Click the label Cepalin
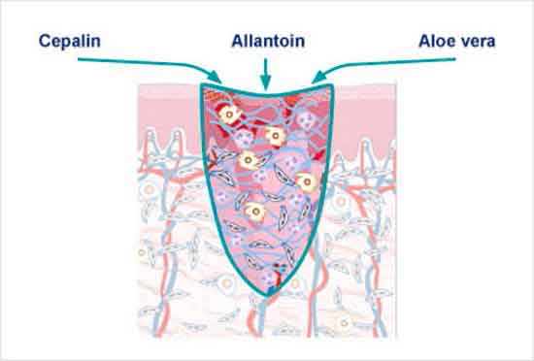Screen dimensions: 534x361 pos(70,42)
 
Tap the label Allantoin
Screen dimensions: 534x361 pos(268,41)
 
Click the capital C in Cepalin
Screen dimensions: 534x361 pos(45,41)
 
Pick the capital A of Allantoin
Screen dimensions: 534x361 pos(238,41)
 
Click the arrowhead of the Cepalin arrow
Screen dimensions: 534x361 pos(216,78)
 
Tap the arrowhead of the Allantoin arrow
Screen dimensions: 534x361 pos(265,83)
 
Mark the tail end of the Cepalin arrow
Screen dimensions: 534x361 pos(79,59)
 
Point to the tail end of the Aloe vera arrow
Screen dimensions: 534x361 pos(455,59)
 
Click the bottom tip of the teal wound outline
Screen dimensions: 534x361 pos(267,296)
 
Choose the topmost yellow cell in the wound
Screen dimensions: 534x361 pos(229,115)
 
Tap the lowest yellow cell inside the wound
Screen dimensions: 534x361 pos(254,212)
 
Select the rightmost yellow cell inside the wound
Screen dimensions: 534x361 pos(307,182)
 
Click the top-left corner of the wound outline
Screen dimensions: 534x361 pos(202,84)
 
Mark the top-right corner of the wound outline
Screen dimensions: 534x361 pos(332,85)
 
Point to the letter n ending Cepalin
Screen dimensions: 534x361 pos(96,44)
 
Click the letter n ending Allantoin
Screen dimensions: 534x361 pos(300,44)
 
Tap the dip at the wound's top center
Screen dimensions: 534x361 pos(266,92)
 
